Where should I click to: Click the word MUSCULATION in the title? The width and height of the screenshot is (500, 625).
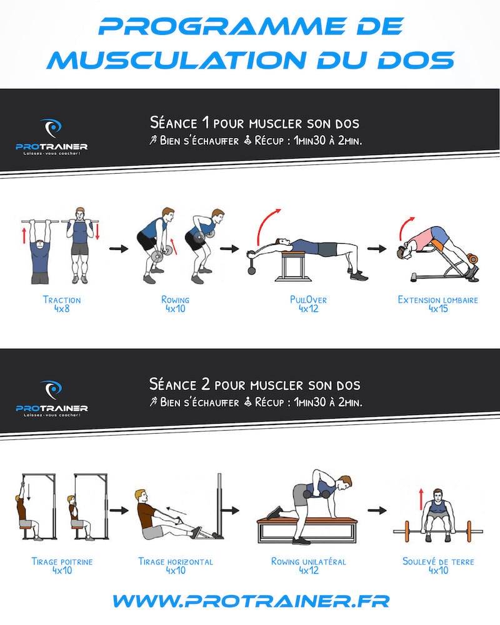177,60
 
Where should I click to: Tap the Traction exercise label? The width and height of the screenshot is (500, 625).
62,300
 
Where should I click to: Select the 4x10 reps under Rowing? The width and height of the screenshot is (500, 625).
176,309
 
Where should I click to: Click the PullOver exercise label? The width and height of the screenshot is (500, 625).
308,300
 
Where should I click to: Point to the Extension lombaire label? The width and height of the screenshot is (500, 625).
437,300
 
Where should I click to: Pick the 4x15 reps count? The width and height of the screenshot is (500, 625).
438,309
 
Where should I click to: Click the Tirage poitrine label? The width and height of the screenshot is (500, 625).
62,562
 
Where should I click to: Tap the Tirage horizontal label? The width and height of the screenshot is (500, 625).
176,562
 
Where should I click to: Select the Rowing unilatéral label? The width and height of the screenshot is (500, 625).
309,562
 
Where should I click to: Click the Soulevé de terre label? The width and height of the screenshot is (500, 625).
438,562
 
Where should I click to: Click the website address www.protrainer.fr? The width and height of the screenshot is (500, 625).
251,601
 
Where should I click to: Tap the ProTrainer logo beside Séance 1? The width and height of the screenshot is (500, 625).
51,136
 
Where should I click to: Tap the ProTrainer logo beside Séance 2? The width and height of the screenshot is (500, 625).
51,398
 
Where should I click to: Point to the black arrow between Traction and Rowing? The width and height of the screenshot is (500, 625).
119,249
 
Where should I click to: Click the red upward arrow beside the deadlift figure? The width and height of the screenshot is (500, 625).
421,499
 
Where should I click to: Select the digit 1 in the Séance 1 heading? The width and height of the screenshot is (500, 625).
206,122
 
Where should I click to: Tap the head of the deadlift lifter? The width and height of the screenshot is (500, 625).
437,496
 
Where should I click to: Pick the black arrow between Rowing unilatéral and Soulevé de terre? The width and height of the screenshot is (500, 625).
377,510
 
